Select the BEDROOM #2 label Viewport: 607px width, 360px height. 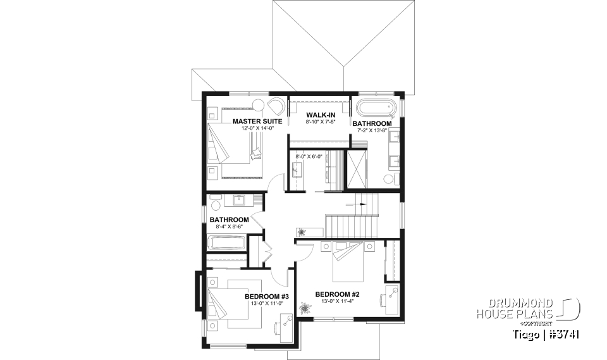click(338, 294)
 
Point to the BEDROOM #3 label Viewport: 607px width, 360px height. click(267, 296)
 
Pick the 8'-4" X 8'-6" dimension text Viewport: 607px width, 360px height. click(226, 227)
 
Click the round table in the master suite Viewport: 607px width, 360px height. click(258, 105)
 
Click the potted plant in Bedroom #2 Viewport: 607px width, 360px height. click(307, 309)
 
